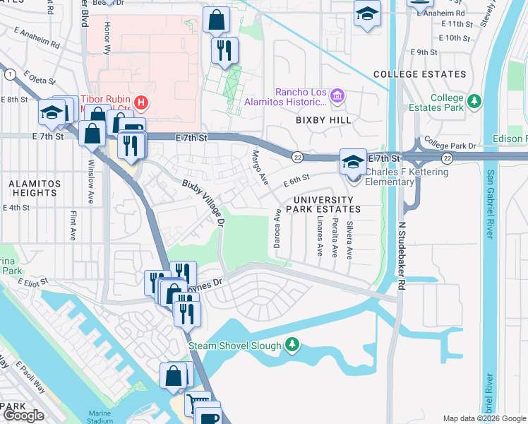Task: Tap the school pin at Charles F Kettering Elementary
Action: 352,162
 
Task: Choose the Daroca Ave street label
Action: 277,228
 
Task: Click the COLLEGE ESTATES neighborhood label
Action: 419,74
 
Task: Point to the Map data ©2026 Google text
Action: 484,418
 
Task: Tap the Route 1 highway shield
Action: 9,74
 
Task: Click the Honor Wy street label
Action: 107,39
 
